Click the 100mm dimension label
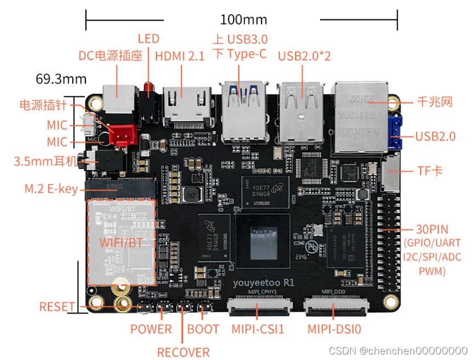[x=243, y=20]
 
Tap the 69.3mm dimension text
[x=61, y=79]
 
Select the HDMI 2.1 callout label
[x=179, y=56]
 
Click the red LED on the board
[x=148, y=88]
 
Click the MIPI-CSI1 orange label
[x=258, y=329]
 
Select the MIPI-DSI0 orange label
[x=334, y=329]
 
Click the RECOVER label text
[x=183, y=352]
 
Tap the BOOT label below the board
[x=203, y=329]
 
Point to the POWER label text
[x=151, y=329]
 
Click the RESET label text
[x=57, y=306]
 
